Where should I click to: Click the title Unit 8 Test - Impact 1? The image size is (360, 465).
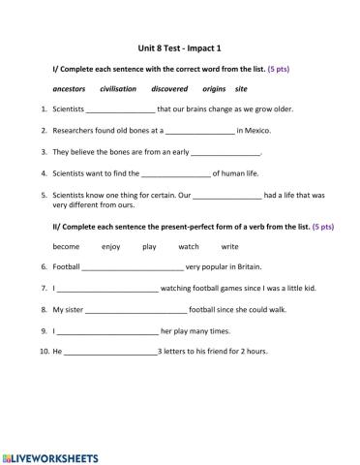(x=179, y=46)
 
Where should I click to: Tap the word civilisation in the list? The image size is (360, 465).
(x=118, y=89)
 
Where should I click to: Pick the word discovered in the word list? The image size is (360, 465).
(x=169, y=89)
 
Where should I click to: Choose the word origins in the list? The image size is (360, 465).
(x=215, y=89)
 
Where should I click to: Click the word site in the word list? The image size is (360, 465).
(x=241, y=89)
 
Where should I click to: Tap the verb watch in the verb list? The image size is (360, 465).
(x=188, y=246)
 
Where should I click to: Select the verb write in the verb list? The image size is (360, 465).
(x=229, y=246)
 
